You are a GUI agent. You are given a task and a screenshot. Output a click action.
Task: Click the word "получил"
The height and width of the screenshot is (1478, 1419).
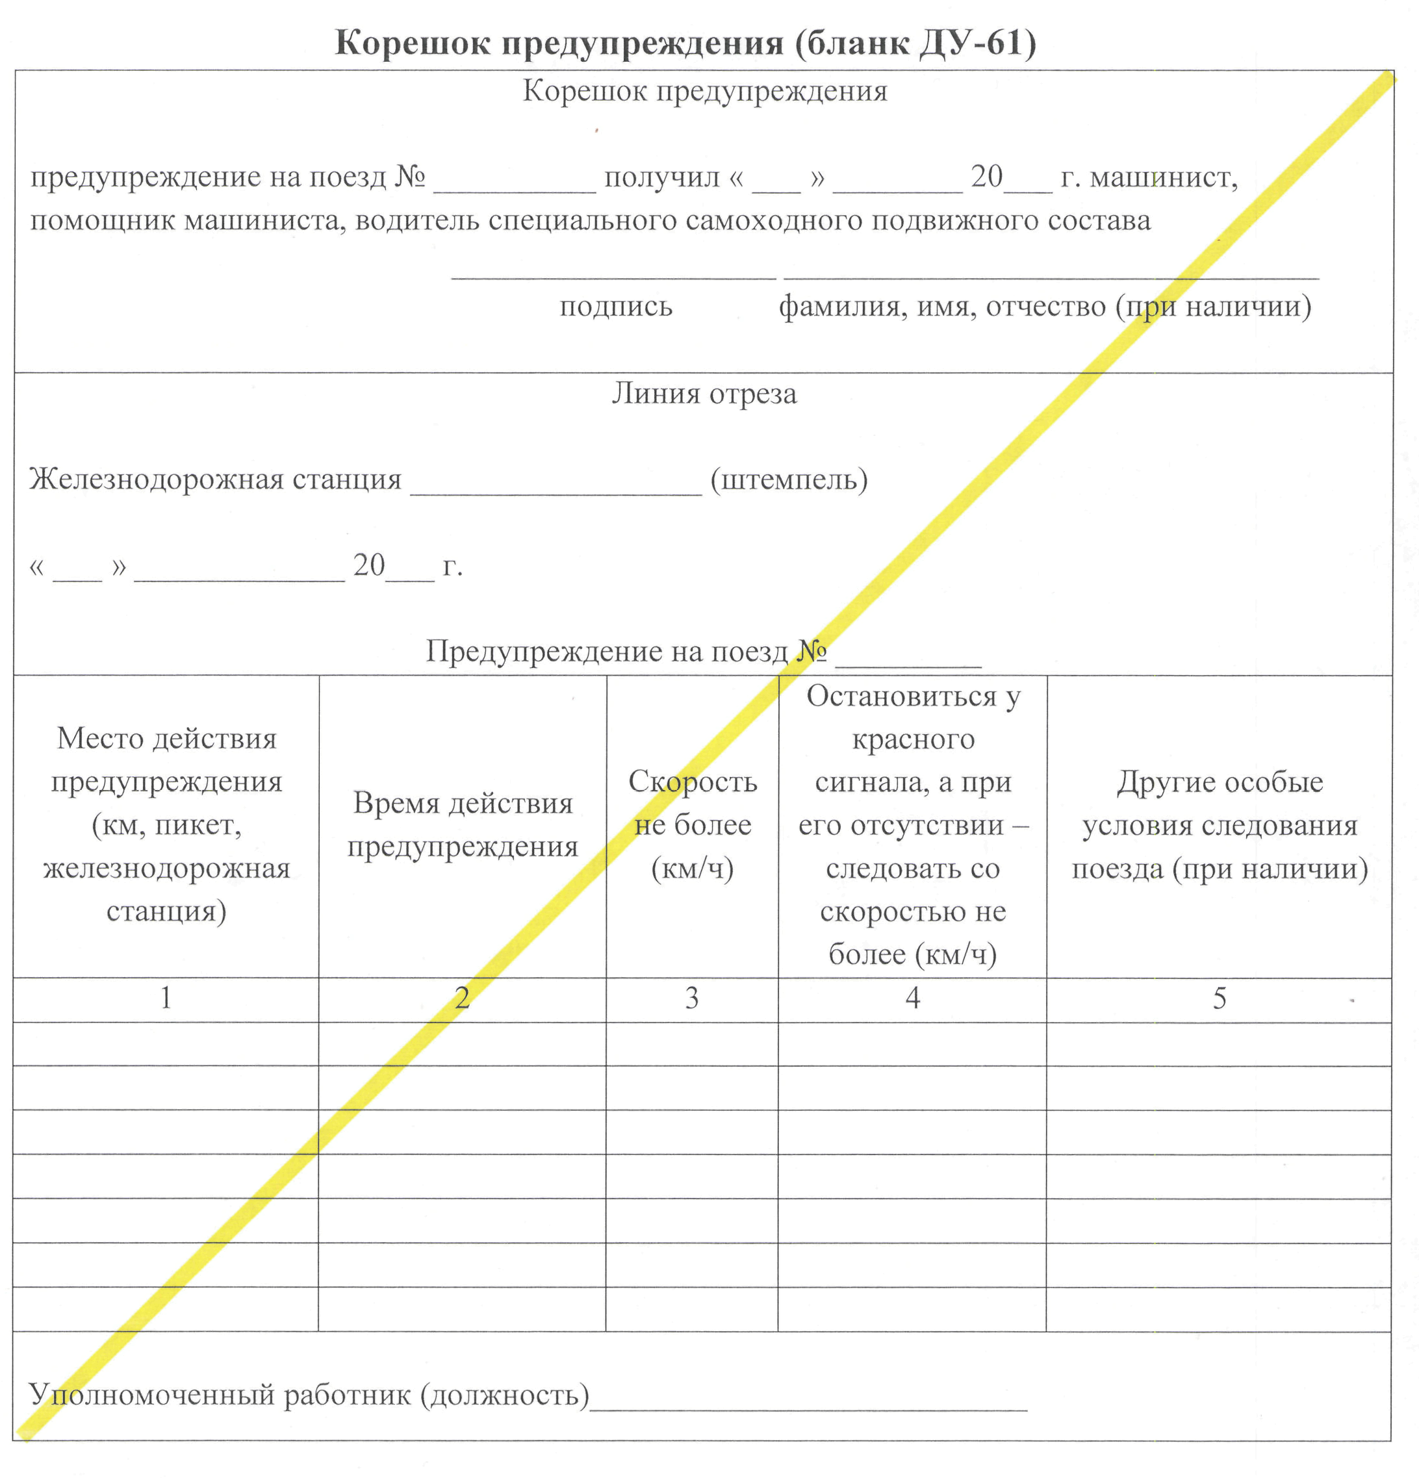coord(661,177)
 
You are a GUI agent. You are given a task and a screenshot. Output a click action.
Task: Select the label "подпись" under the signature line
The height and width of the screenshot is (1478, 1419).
coord(615,307)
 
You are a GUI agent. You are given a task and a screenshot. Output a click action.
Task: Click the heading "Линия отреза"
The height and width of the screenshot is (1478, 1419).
coord(704,394)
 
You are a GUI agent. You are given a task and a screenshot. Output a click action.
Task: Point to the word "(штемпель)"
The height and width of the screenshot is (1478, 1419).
coord(789,479)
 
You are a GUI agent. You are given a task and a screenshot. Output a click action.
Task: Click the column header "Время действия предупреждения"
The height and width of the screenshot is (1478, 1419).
coord(462,825)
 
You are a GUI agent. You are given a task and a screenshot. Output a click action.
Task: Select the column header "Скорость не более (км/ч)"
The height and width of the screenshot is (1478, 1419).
coord(692,825)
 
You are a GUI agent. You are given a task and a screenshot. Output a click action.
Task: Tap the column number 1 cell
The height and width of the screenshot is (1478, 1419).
coord(166,999)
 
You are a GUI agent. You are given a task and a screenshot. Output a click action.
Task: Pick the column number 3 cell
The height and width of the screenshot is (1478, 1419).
coord(691,999)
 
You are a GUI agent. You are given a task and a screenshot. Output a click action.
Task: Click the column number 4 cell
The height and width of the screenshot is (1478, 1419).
coord(912,999)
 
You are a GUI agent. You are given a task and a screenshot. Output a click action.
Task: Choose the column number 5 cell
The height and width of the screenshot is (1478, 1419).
coord(1219,999)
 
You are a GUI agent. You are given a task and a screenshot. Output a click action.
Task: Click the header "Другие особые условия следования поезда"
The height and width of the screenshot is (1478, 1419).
coord(1219,825)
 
